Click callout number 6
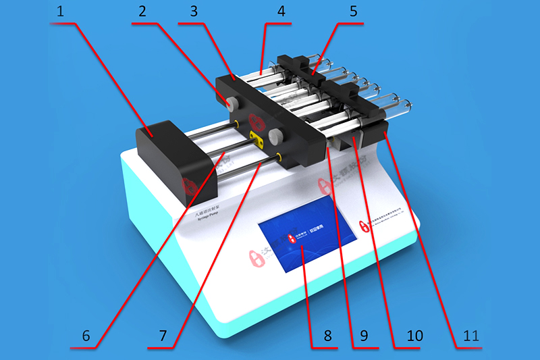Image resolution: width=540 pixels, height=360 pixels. pos(85,336)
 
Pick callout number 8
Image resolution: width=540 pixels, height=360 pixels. pos(327,336)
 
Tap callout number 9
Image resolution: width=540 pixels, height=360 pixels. pos(365,336)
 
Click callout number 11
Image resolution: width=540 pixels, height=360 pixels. pos(470,336)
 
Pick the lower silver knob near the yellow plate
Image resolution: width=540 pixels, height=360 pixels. pos(275,137)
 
